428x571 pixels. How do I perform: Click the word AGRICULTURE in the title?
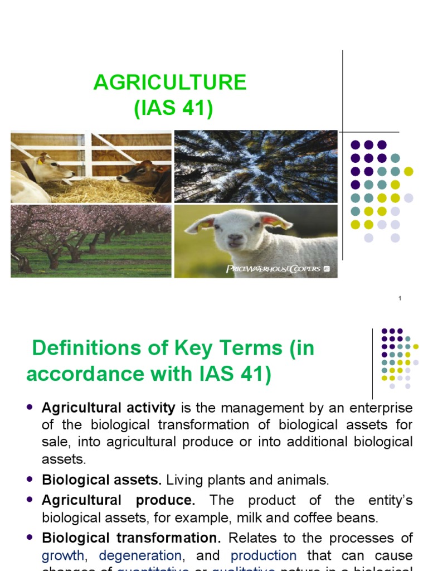170,83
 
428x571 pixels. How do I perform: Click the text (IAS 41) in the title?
173,108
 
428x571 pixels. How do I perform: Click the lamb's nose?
235,239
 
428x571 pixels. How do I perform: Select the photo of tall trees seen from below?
255,166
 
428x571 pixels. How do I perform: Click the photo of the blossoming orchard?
91,241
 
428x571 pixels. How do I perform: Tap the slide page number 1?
400,299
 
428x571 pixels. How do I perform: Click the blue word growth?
63,556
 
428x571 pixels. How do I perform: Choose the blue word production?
264,556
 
